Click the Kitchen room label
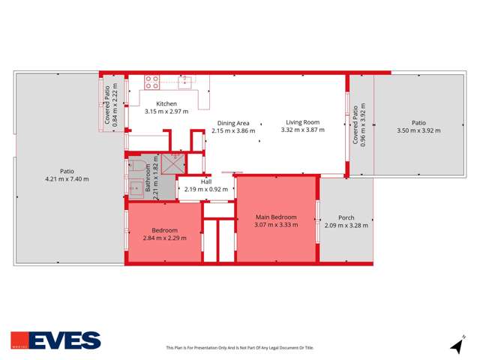coord(166,103)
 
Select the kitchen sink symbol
coord(185,81)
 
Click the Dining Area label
coord(233,123)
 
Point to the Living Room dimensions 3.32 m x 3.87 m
coord(302,130)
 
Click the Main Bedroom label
coord(276,217)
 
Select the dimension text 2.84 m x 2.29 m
coord(164,238)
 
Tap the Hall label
coord(205,181)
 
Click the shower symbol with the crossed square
coord(173,161)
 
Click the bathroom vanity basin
coord(136,188)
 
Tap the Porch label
coord(346,218)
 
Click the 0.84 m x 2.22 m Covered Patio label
coord(111,104)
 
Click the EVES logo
coord(55,340)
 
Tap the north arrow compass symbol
coord(456,346)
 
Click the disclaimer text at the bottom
coord(240,347)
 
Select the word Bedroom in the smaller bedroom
coord(164,230)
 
